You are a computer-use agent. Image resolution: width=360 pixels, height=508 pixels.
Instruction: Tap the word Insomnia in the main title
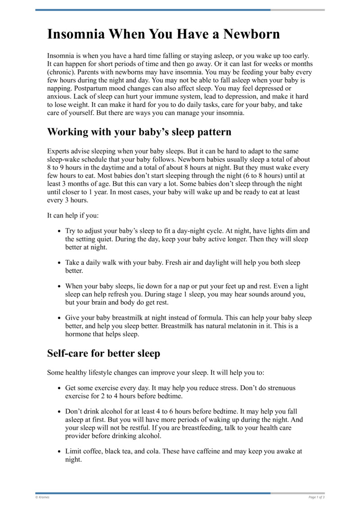point(76,34)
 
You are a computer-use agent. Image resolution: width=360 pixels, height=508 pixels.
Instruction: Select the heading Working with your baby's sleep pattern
point(139,132)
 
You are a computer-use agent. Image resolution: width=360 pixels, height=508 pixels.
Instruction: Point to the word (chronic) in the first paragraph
point(62,72)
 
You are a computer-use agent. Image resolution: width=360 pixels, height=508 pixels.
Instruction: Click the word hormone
point(79,334)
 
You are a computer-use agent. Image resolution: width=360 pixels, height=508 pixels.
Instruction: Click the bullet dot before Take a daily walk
point(59,263)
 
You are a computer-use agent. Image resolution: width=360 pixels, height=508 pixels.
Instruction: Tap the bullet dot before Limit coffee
point(59,451)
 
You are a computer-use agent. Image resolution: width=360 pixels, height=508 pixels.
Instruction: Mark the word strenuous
point(278,388)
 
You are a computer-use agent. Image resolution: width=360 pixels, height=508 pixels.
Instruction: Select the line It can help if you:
point(71,215)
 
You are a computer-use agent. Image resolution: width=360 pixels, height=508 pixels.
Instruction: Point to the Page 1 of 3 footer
point(316,497)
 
